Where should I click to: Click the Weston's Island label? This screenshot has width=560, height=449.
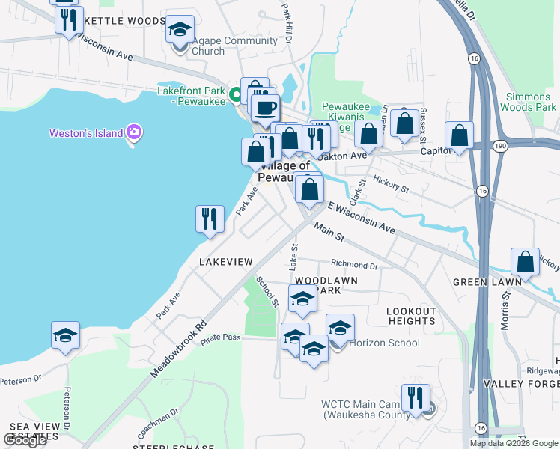pos(85,133)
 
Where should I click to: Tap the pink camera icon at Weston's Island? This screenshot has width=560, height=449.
pos(135,132)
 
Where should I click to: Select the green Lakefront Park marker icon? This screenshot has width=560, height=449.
pos(235,94)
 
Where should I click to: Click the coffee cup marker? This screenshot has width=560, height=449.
pos(264,108)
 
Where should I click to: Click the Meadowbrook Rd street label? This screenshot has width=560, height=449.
pos(177,349)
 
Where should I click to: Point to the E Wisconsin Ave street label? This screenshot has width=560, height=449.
pos(361,217)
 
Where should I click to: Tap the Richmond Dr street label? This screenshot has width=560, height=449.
pos(355,265)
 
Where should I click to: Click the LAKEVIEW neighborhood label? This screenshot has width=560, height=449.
pos(225,261)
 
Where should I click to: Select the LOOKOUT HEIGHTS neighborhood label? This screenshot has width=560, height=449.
pos(411,316)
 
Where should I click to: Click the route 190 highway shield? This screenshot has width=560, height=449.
pos(499,144)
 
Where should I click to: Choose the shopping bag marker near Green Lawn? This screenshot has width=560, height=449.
pos(526,263)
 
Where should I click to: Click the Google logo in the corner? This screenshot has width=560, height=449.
pos(25,440)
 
